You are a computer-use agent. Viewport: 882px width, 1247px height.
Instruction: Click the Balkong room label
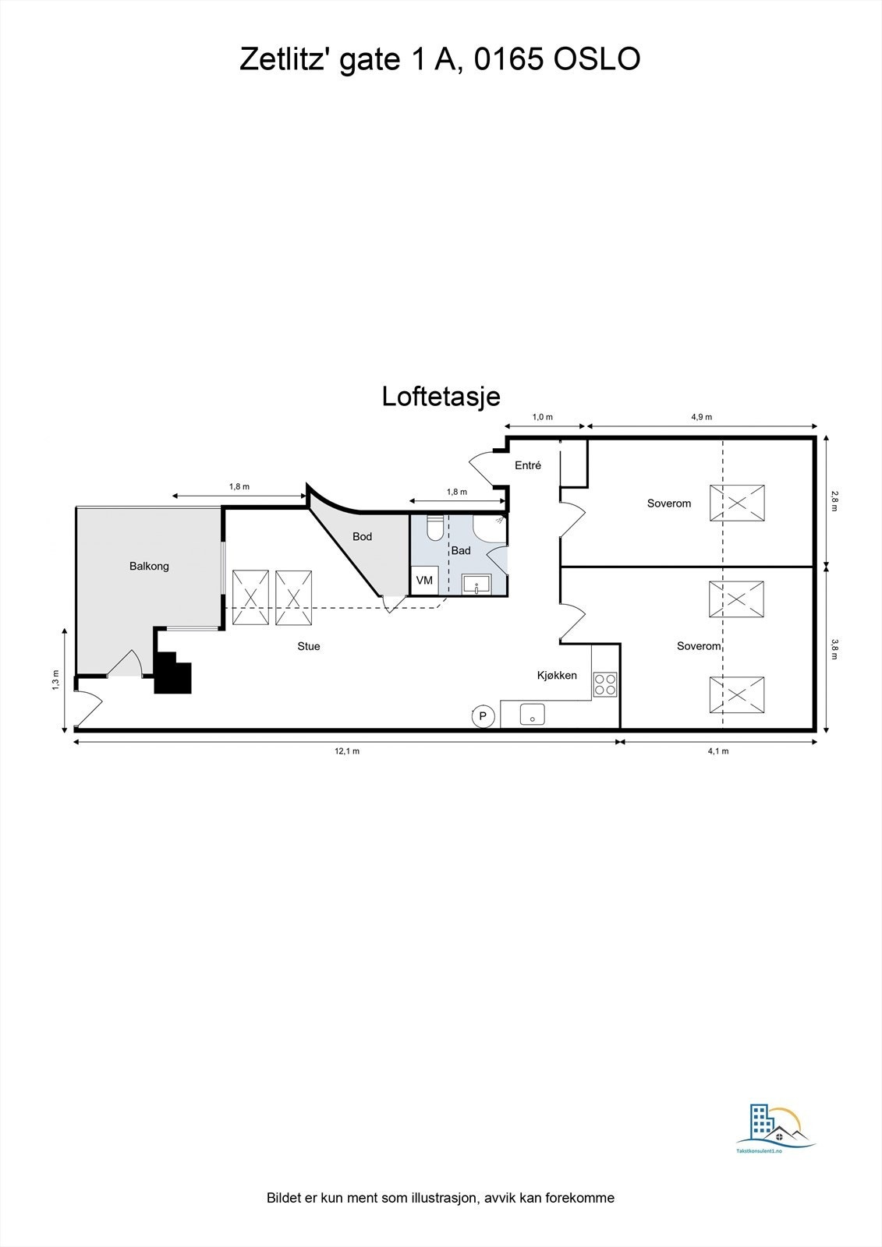pyautogui.click(x=149, y=566)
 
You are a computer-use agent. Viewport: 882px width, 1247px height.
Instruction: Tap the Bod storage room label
pyautogui.click(x=362, y=536)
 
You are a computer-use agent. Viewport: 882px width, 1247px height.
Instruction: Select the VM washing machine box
pyautogui.click(x=424, y=581)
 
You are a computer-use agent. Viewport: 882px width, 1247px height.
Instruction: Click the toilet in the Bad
pyautogui.click(x=435, y=528)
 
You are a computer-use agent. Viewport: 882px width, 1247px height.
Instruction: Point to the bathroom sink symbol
pyautogui.click(x=475, y=585)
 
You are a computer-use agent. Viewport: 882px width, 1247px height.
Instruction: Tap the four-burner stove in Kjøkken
pyautogui.click(x=604, y=684)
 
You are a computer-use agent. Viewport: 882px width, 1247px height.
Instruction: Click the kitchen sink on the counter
pyautogui.click(x=533, y=715)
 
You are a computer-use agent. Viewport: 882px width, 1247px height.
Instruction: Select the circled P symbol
pyautogui.click(x=483, y=715)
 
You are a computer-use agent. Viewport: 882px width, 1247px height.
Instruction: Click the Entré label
pyautogui.click(x=528, y=465)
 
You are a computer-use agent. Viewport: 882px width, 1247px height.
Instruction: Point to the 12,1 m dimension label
pyautogui.click(x=347, y=751)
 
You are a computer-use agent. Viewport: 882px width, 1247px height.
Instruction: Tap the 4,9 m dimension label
pyautogui.click(x=701, y=417)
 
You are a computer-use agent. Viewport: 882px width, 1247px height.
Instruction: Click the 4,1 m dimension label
pyautogui.click(x=717, y=751)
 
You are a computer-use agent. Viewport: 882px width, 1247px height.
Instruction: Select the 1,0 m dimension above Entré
pyautogui.click(x=542, y=417)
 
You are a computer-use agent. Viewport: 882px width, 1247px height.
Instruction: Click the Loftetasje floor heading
pyautogui.click(x=441, y=397)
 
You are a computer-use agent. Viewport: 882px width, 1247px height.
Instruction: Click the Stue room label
pyautogui.click(x=309, y=646)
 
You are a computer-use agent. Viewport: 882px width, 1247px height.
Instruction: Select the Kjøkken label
pyautogui.click(x=557, y=675)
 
